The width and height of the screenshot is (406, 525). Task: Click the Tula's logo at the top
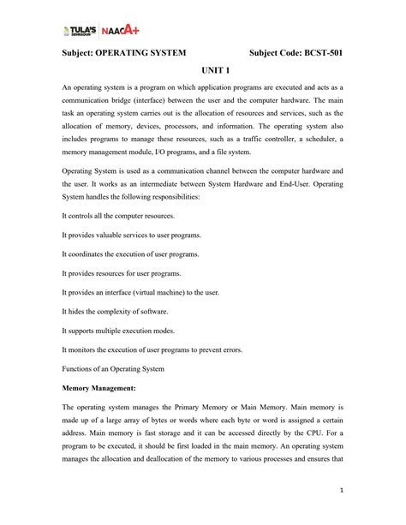tap(81, 32)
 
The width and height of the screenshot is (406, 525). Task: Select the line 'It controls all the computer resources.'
tap(117, 215)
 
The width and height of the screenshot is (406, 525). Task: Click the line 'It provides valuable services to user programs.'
tap(131, 234)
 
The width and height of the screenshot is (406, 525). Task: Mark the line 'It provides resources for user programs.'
tap(121, 272)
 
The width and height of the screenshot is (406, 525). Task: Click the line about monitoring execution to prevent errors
tap(152, 349)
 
